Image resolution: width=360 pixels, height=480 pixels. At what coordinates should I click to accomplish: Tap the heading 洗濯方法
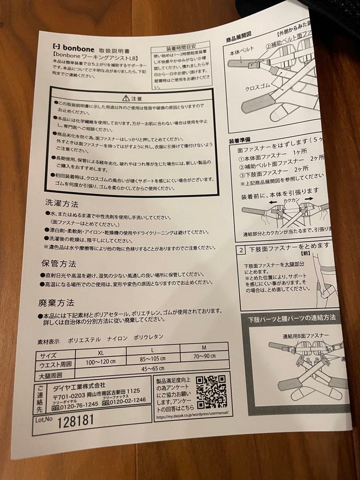tap(62, 204)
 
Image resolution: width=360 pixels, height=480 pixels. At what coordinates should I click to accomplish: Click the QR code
tap(211, 392)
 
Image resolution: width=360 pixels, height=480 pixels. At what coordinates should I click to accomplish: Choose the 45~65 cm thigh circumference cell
tap(152, 368)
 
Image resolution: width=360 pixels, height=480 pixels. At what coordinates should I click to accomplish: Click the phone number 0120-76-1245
tap(74, 404)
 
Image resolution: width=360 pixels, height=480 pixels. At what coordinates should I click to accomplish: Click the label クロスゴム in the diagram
tap(256, 88)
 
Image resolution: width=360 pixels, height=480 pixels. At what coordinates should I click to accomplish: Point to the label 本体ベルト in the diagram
tap(241, 51)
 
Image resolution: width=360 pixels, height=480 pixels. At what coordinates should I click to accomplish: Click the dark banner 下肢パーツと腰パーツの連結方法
tap(292, 318)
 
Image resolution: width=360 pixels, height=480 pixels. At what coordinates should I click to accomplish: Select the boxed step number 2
tap(241, 249)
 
